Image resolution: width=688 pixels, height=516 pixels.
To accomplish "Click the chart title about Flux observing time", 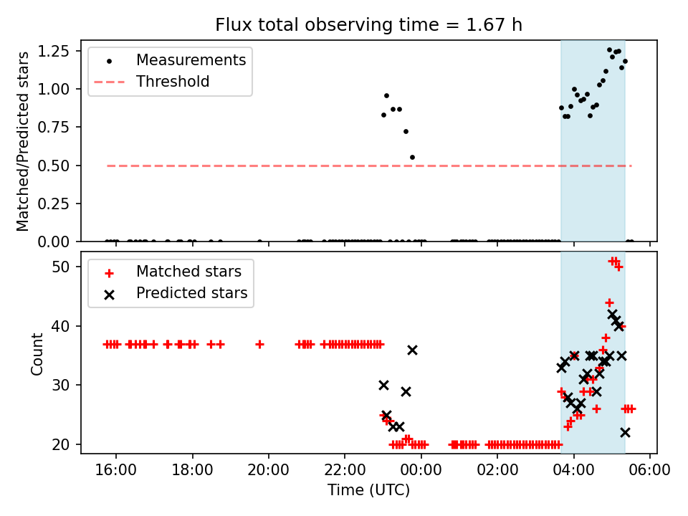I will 368,25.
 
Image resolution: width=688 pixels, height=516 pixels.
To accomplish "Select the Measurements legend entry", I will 191,59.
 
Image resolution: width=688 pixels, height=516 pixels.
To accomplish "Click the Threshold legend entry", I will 173,82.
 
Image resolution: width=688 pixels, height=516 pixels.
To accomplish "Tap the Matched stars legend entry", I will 188,272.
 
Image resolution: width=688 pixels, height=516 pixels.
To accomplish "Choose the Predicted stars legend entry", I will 191,293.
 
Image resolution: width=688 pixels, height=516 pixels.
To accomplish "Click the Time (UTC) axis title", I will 368,491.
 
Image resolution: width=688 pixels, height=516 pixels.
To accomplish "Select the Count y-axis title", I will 37,353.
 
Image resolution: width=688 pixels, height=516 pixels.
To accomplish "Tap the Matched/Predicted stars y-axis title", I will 23,141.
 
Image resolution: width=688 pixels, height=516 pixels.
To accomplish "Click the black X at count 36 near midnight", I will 412,350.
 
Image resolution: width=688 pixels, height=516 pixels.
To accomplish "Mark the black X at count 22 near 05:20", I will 625,432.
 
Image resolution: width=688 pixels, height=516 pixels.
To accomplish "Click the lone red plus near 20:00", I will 259,344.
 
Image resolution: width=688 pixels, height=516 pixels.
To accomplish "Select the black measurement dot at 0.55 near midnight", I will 412,157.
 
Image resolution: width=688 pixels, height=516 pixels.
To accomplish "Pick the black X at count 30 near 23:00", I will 383,385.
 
